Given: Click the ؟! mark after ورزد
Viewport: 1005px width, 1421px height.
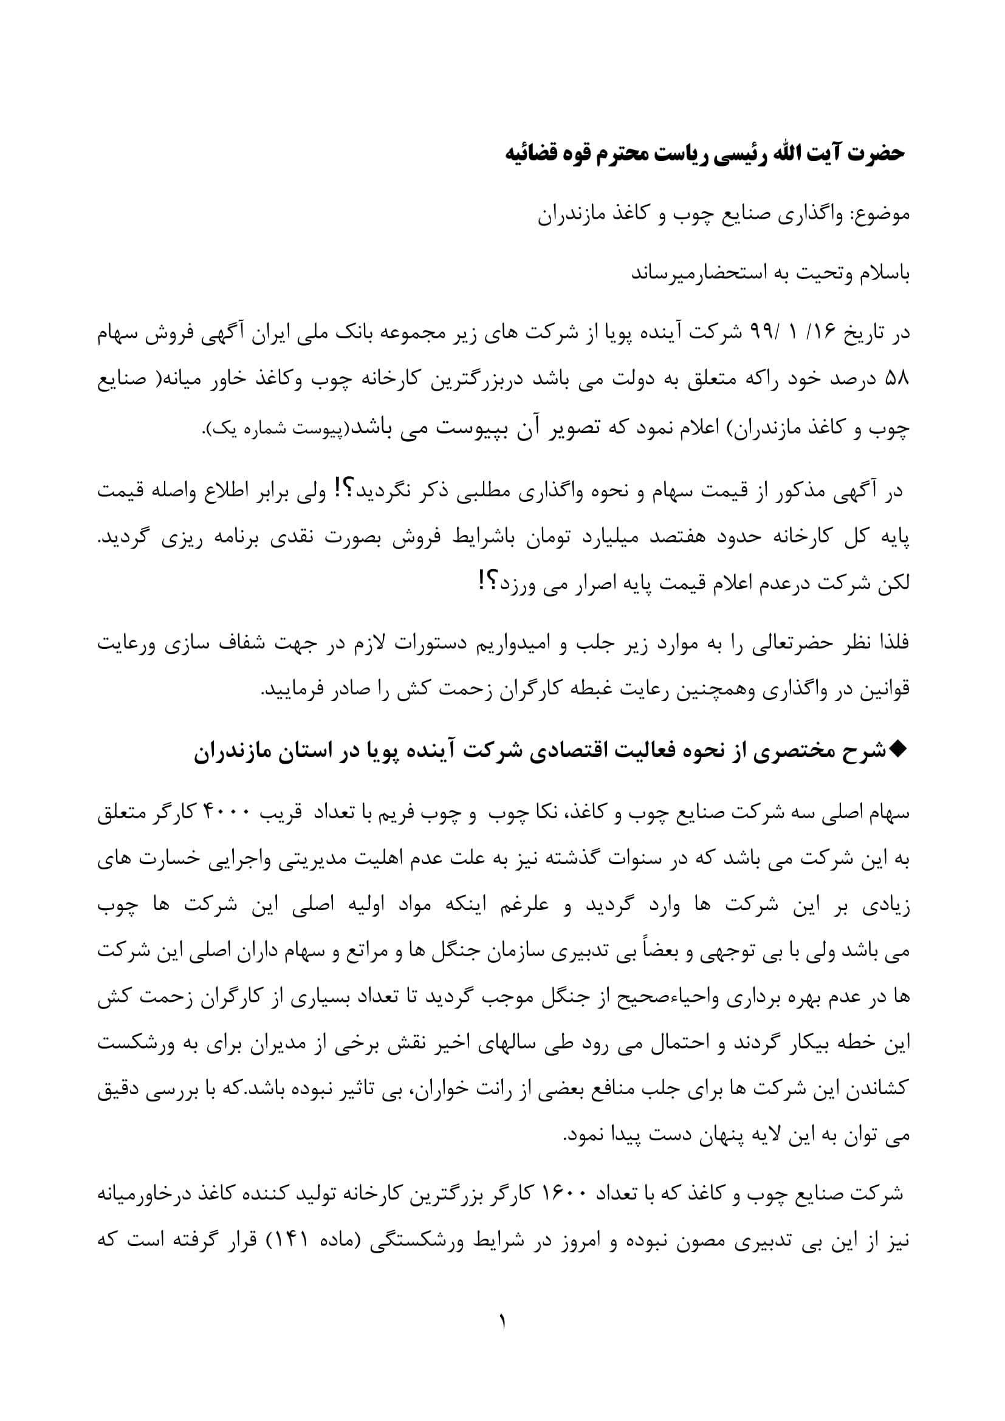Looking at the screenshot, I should point(486,583).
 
